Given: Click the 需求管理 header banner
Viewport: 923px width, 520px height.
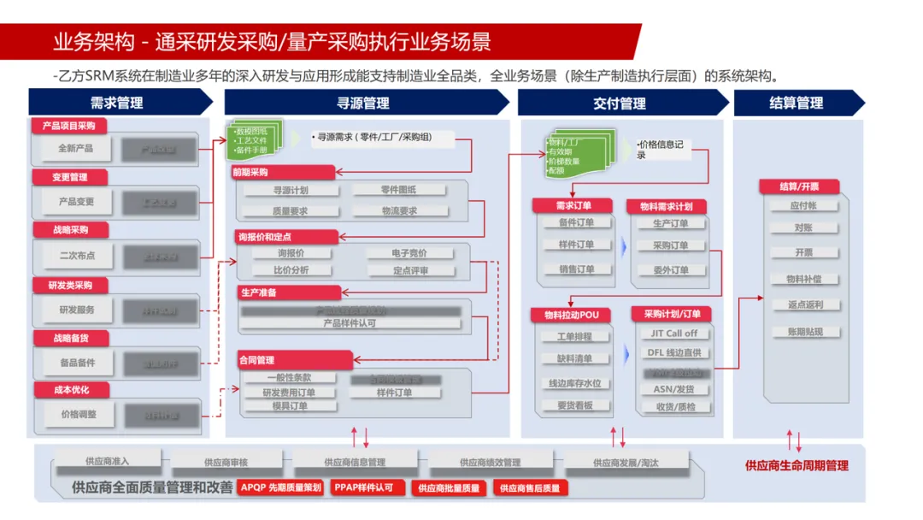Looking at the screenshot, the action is [x=118, y=103].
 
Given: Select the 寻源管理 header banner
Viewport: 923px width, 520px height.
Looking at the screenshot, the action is [x=364, y=103].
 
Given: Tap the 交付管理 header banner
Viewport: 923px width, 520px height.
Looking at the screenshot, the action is [x=620, y=103].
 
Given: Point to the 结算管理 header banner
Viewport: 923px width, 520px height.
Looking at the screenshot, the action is [x=797, y=103].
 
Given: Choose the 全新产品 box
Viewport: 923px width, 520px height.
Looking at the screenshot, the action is [x=76, y=149].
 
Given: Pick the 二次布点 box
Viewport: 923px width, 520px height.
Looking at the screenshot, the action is [x=76, y=255].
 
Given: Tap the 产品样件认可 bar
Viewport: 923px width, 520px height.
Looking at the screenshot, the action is [x=350, y=323].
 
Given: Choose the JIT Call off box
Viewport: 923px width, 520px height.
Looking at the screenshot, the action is [x=673, y=334].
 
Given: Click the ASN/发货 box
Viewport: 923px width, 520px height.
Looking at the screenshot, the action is [x=673, y=389].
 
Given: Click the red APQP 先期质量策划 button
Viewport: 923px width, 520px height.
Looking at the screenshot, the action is [x=280, y=487].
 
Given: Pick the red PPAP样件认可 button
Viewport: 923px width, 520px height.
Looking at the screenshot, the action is [x=364, y=487].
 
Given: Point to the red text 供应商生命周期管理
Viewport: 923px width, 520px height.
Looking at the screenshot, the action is [x=797, y=466].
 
